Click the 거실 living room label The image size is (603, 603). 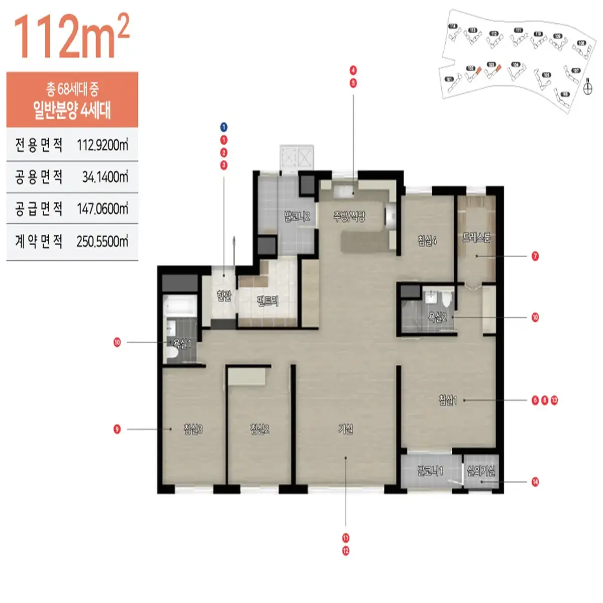click(x=346, y=429)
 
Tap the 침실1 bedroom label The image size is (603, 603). click(x=448, y=400)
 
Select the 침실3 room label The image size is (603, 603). click(x=193, y=429)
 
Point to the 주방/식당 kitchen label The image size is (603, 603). click(x=349, y=217)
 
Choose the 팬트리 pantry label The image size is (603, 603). click(x=267, y=301)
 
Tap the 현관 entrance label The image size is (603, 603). click(x=224, y=295)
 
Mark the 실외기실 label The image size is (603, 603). click(x=481, y=471)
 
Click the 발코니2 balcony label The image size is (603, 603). click(x=296, y=217)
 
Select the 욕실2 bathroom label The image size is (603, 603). click(x=437, y=318)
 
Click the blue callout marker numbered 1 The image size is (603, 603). click(x=224, y=127)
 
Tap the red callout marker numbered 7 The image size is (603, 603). click(x=535, y=256)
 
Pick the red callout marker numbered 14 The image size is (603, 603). click(x=535, y=482)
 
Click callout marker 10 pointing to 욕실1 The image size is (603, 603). click(x=117, y=343)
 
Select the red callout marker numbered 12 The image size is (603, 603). click(x=346, y=551)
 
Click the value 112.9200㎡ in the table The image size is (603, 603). click(x=103, y=145)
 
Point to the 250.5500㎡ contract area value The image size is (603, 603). click(x=103, y=242)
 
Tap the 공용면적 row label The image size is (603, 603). click(x=39, y=177)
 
